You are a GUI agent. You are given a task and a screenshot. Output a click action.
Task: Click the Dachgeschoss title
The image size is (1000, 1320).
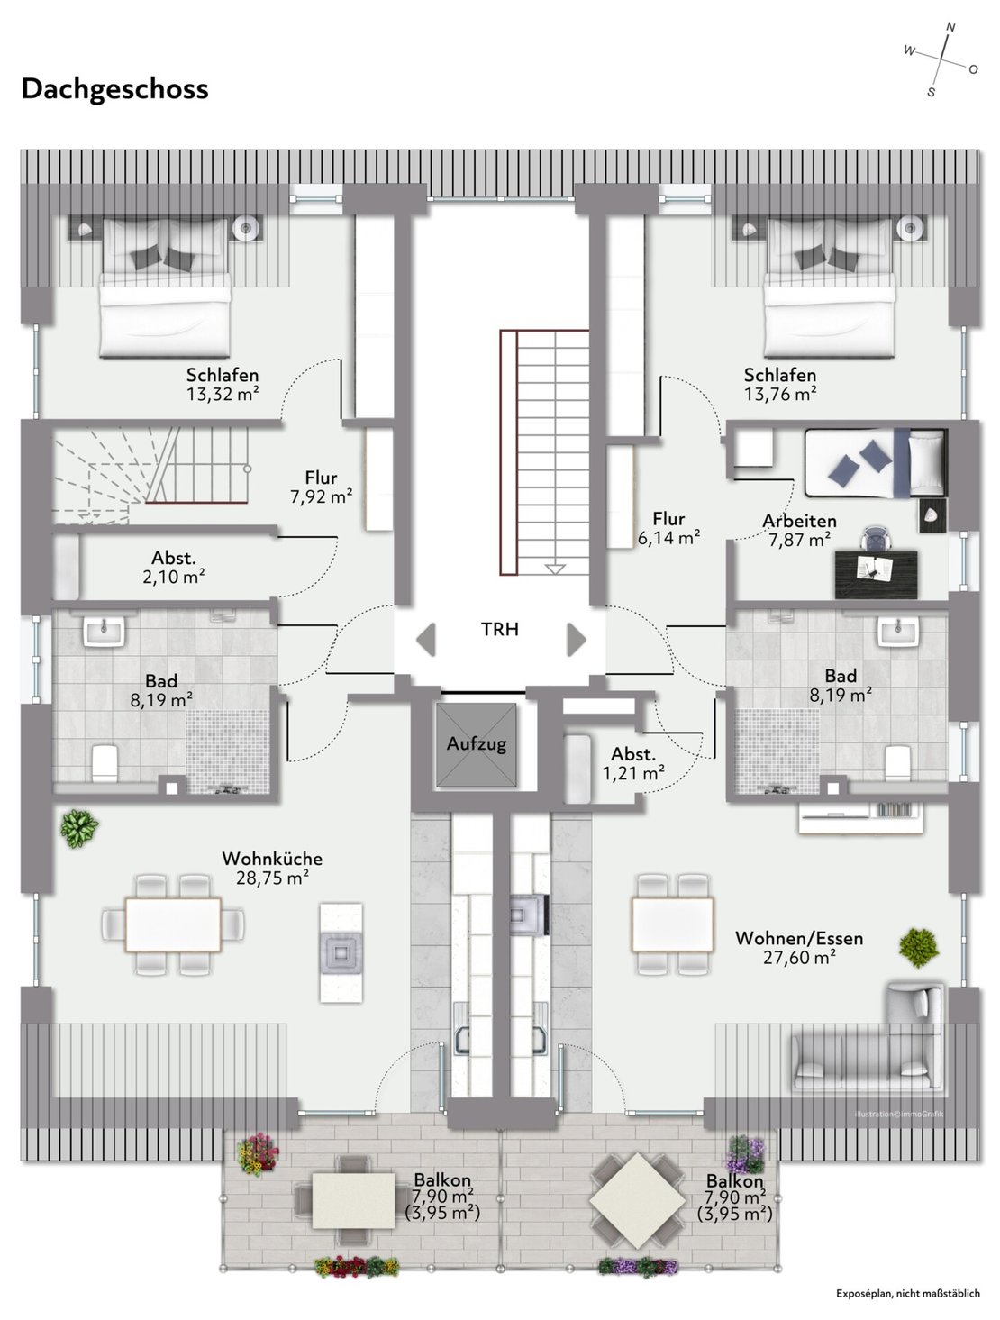click(x=114, y=89)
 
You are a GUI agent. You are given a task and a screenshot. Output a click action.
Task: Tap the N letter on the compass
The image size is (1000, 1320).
click(x=950, y=26)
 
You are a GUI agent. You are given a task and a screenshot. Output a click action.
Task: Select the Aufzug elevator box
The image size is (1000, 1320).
click(x=476, y=744)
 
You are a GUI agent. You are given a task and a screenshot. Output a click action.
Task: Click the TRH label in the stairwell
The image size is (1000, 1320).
click(x=499, y=629)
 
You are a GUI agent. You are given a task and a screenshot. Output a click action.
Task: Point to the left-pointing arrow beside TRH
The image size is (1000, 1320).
click(x=426, y=639)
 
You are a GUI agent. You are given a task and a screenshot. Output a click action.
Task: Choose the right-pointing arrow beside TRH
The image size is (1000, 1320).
click(x=576, y=639)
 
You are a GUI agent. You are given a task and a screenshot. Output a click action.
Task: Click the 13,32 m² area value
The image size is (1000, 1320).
click(x=223, y=394)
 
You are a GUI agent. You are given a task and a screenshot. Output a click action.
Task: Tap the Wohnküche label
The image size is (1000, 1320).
click(x=272, y=858)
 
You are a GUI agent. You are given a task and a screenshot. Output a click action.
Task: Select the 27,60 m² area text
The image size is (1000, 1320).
click(x=799, y=957)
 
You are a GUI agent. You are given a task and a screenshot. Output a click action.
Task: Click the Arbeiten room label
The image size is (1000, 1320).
click(x=799, y=521)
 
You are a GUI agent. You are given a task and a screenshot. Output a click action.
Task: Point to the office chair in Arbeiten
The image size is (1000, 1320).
click(x=877, y=540)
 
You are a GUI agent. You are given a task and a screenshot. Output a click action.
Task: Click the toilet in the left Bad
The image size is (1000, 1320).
click(x=105, y=763)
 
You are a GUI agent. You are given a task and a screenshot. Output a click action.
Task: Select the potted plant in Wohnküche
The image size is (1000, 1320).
click(x=79, y=829)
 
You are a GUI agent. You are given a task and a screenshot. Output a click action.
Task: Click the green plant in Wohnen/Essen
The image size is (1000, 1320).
click(x=918, y=948)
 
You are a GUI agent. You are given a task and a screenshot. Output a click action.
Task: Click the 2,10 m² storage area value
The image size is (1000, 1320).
click(x=174, y=577)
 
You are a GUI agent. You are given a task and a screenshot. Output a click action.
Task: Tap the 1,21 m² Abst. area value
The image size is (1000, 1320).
click(x=634, y=772)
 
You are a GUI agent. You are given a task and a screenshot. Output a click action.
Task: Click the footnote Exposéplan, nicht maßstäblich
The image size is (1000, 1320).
click(x=908, y=1293)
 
